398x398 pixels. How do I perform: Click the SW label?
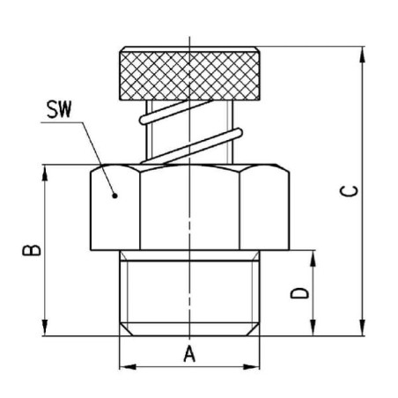59,109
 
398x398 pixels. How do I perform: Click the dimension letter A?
189,354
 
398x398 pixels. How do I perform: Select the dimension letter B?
32,250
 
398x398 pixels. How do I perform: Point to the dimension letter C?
349,191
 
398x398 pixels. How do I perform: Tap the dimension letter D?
299,293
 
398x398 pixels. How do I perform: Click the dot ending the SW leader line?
115,195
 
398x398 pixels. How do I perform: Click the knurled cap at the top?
189,73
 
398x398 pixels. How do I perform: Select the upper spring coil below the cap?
176,112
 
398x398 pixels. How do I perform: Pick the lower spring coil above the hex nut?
191,146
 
